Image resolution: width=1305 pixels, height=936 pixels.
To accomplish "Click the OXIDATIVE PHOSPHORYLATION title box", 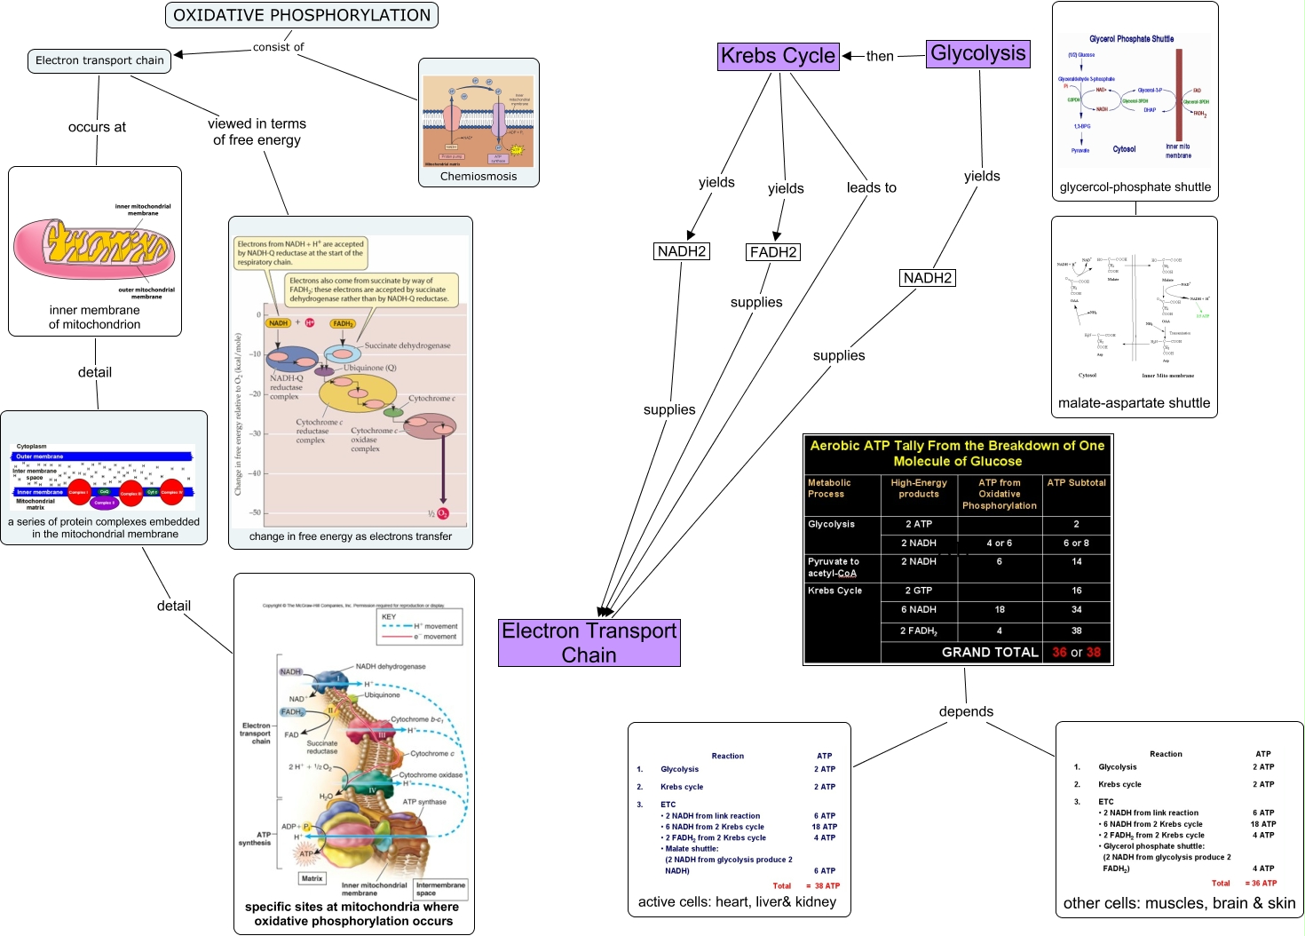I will [302, 15].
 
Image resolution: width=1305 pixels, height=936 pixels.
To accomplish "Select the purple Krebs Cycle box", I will [778, 56].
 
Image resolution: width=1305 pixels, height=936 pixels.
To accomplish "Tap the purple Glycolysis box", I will [977, 54].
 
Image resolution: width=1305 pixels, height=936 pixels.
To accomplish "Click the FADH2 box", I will [773, 252].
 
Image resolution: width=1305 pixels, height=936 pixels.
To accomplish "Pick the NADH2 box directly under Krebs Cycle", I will [681, 251].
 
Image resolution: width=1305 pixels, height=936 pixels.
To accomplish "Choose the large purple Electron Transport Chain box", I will [589, 643].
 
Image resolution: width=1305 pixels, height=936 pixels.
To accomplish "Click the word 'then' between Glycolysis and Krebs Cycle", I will [880, 56].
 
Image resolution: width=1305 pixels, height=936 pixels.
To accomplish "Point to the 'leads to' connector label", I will [871, 187].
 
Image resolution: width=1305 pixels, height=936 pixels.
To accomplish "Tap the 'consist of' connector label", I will [278, 47].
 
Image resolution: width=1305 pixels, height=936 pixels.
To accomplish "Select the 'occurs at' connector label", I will [97, 127].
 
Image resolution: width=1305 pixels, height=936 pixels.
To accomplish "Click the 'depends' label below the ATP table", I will [966, 711].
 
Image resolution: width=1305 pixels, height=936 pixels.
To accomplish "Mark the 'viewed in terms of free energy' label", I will [257, 131].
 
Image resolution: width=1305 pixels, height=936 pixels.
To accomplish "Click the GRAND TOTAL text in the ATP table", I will [989, 652].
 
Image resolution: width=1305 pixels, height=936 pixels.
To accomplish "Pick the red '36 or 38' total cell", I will [1076, 652].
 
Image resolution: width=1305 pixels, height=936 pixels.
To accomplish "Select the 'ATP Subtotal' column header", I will [1076, 483].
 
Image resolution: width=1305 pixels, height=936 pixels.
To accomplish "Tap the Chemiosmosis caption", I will [478, 177].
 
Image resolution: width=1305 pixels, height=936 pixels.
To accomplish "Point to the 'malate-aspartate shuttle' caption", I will [1134, 403].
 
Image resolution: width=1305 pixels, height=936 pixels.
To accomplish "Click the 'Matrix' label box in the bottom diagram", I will [312, 878].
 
